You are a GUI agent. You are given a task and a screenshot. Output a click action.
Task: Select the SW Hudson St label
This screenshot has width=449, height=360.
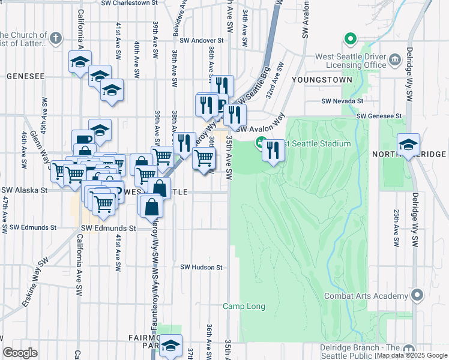point(202,267)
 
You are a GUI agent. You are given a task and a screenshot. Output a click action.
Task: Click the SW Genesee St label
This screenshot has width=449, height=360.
point(379,116)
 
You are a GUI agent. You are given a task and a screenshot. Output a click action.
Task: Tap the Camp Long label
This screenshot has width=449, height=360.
point(244,306)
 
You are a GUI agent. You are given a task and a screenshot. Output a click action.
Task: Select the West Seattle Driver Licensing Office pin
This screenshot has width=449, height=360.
point(396,59)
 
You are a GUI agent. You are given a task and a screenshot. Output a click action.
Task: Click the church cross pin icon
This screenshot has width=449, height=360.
point(56,38)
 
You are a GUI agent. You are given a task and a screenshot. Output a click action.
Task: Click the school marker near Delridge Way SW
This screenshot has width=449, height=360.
point(408,144)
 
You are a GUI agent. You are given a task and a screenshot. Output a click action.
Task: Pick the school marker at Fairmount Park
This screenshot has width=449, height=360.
point(170,345)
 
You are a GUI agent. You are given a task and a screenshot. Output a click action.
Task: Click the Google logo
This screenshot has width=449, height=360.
point(20,353)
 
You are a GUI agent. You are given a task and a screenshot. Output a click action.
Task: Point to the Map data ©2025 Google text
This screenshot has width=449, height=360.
point(412,356)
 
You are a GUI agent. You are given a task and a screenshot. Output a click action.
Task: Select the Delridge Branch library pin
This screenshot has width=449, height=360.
point(409,350)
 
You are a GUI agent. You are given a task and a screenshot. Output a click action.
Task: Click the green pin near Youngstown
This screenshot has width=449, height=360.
point(350,39)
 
